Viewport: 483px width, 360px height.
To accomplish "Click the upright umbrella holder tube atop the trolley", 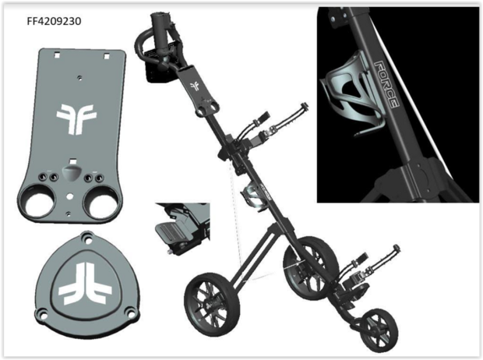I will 165,31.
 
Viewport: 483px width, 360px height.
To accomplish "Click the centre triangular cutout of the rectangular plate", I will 71,164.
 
